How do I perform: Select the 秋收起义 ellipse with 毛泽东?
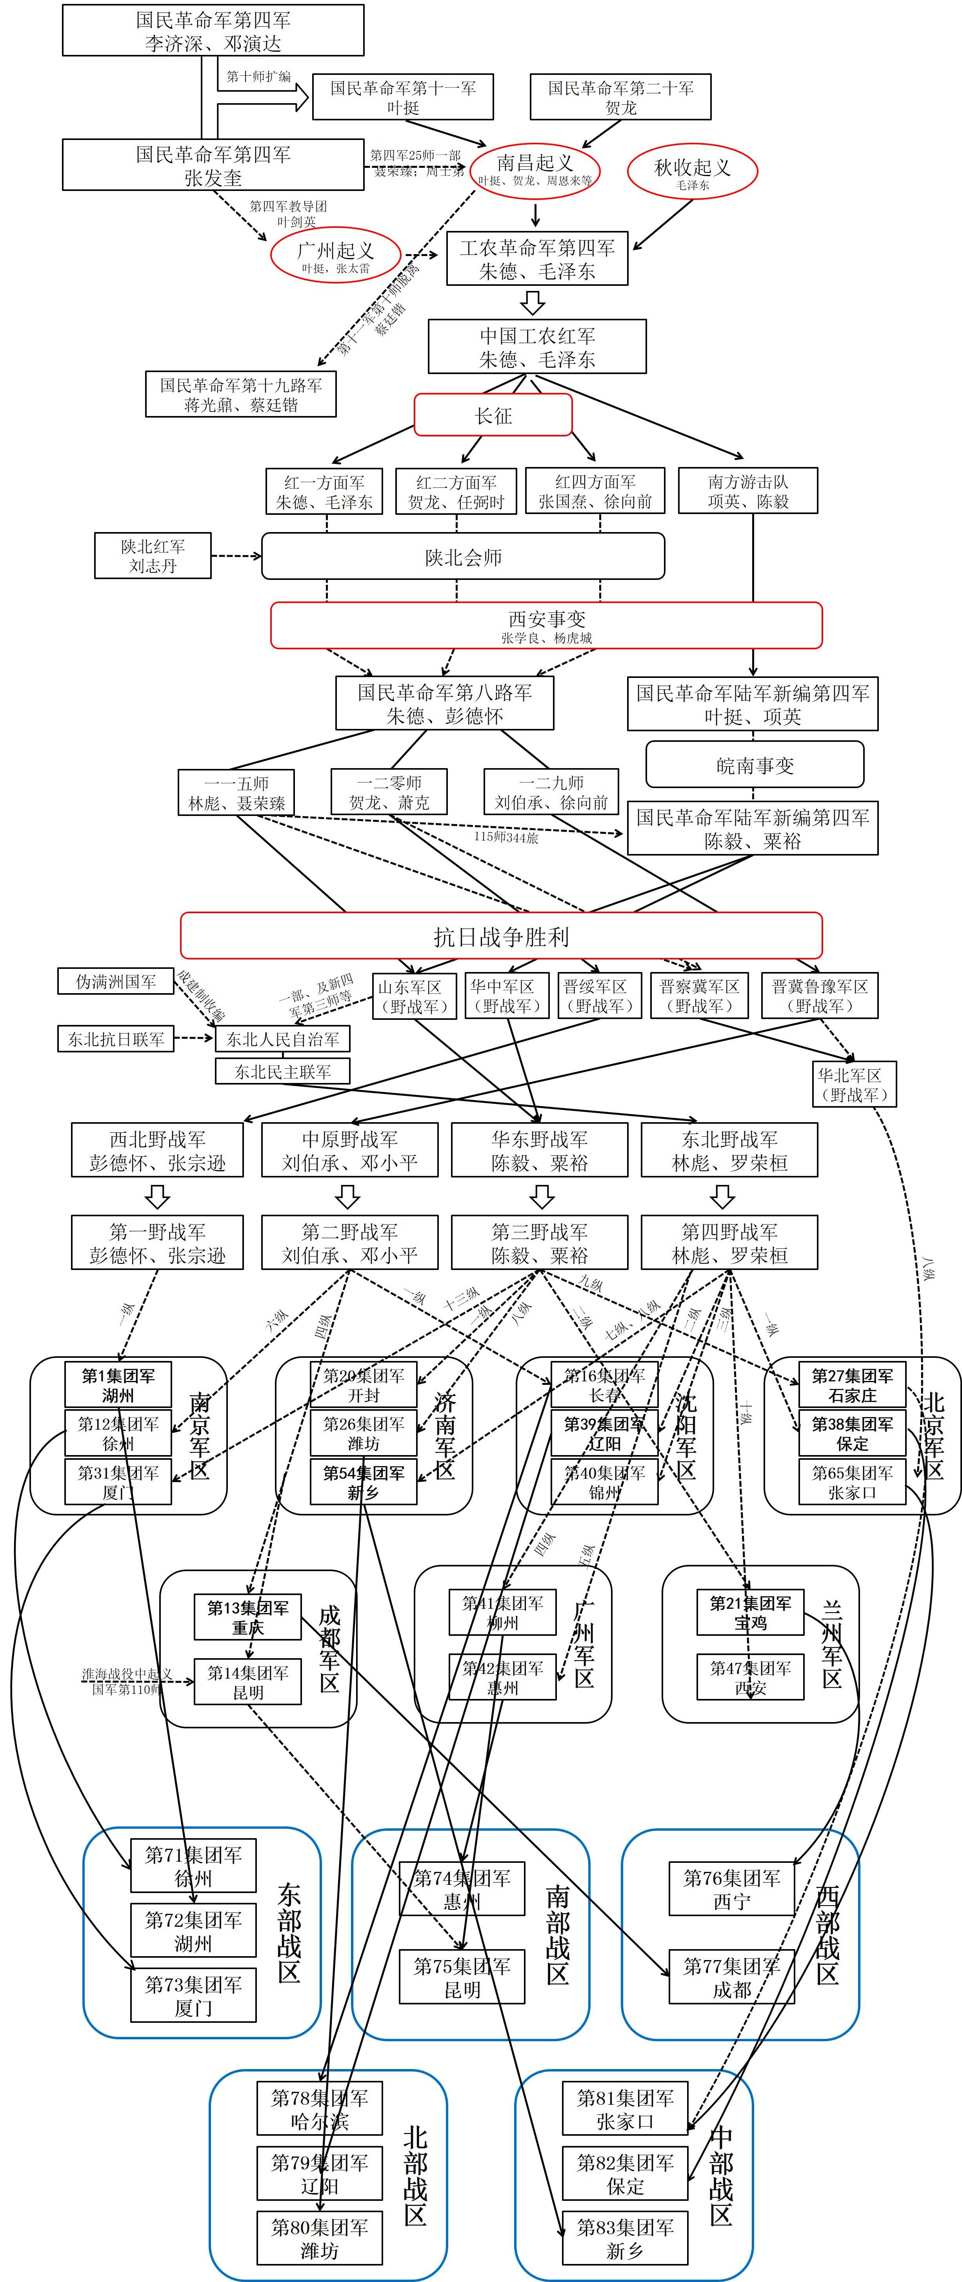point(692,172)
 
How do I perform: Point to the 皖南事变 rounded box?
point(755,765)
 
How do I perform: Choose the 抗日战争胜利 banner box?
point(501,936)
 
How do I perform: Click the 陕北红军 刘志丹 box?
point(153,556)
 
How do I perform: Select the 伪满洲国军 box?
point(116,981)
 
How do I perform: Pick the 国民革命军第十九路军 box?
point(241,394)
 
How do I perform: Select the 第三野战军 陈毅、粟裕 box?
point(540,1243)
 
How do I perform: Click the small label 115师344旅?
point(506,837)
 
